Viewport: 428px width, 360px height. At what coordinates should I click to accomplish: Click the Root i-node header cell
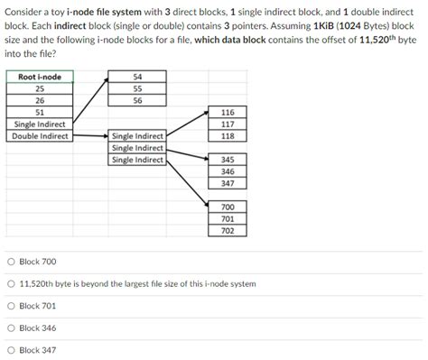click(x=40, y=77)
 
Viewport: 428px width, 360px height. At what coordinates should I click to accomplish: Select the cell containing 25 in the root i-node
click(x=40, y=88)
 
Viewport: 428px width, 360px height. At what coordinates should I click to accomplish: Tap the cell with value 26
click(x=40, y=100)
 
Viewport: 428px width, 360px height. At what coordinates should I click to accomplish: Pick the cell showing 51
click(x=40, y=112)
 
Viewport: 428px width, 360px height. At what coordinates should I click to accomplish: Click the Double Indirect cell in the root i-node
click(x=40, y=136)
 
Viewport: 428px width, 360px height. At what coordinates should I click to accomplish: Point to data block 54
click(x=137, y=77)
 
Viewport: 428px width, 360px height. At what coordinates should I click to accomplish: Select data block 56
click(x=137, y=100)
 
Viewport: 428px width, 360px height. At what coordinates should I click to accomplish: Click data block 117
click(x=228, y=124)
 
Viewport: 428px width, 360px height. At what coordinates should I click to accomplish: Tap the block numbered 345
click(x=228, y=160)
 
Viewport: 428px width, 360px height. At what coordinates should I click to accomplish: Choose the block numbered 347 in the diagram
click(x=228, y=183)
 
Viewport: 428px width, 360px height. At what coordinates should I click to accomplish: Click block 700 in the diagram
click(x=228, y=207)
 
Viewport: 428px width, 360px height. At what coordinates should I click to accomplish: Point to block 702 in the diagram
click(x=228, y=230)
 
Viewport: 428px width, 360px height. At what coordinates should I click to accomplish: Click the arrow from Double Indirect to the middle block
click(x=90, y=136)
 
